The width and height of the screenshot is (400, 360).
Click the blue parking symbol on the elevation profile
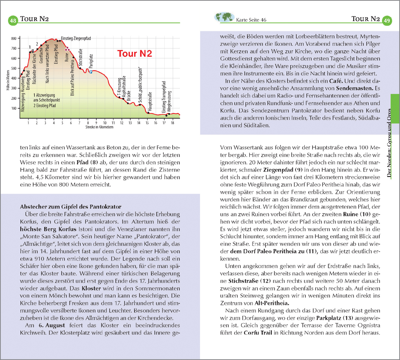[91, 72]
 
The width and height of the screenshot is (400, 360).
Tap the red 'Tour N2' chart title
[135, 54]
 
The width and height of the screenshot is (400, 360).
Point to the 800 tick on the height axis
[14, 38]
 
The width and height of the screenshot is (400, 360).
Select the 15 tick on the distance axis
[147, 123]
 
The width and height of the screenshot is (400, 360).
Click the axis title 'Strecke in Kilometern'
[99, 127]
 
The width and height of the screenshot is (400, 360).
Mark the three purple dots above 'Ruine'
[67, 49]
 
